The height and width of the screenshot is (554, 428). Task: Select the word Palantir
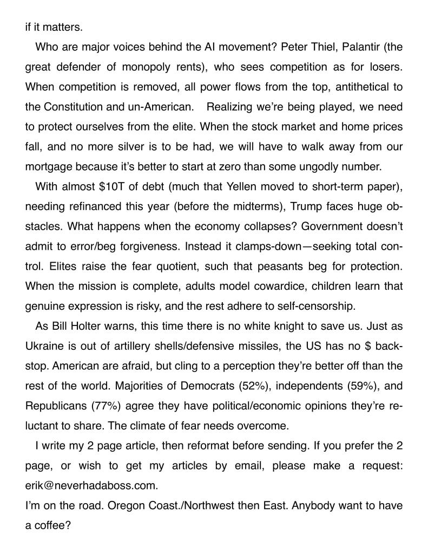point(357,47)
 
